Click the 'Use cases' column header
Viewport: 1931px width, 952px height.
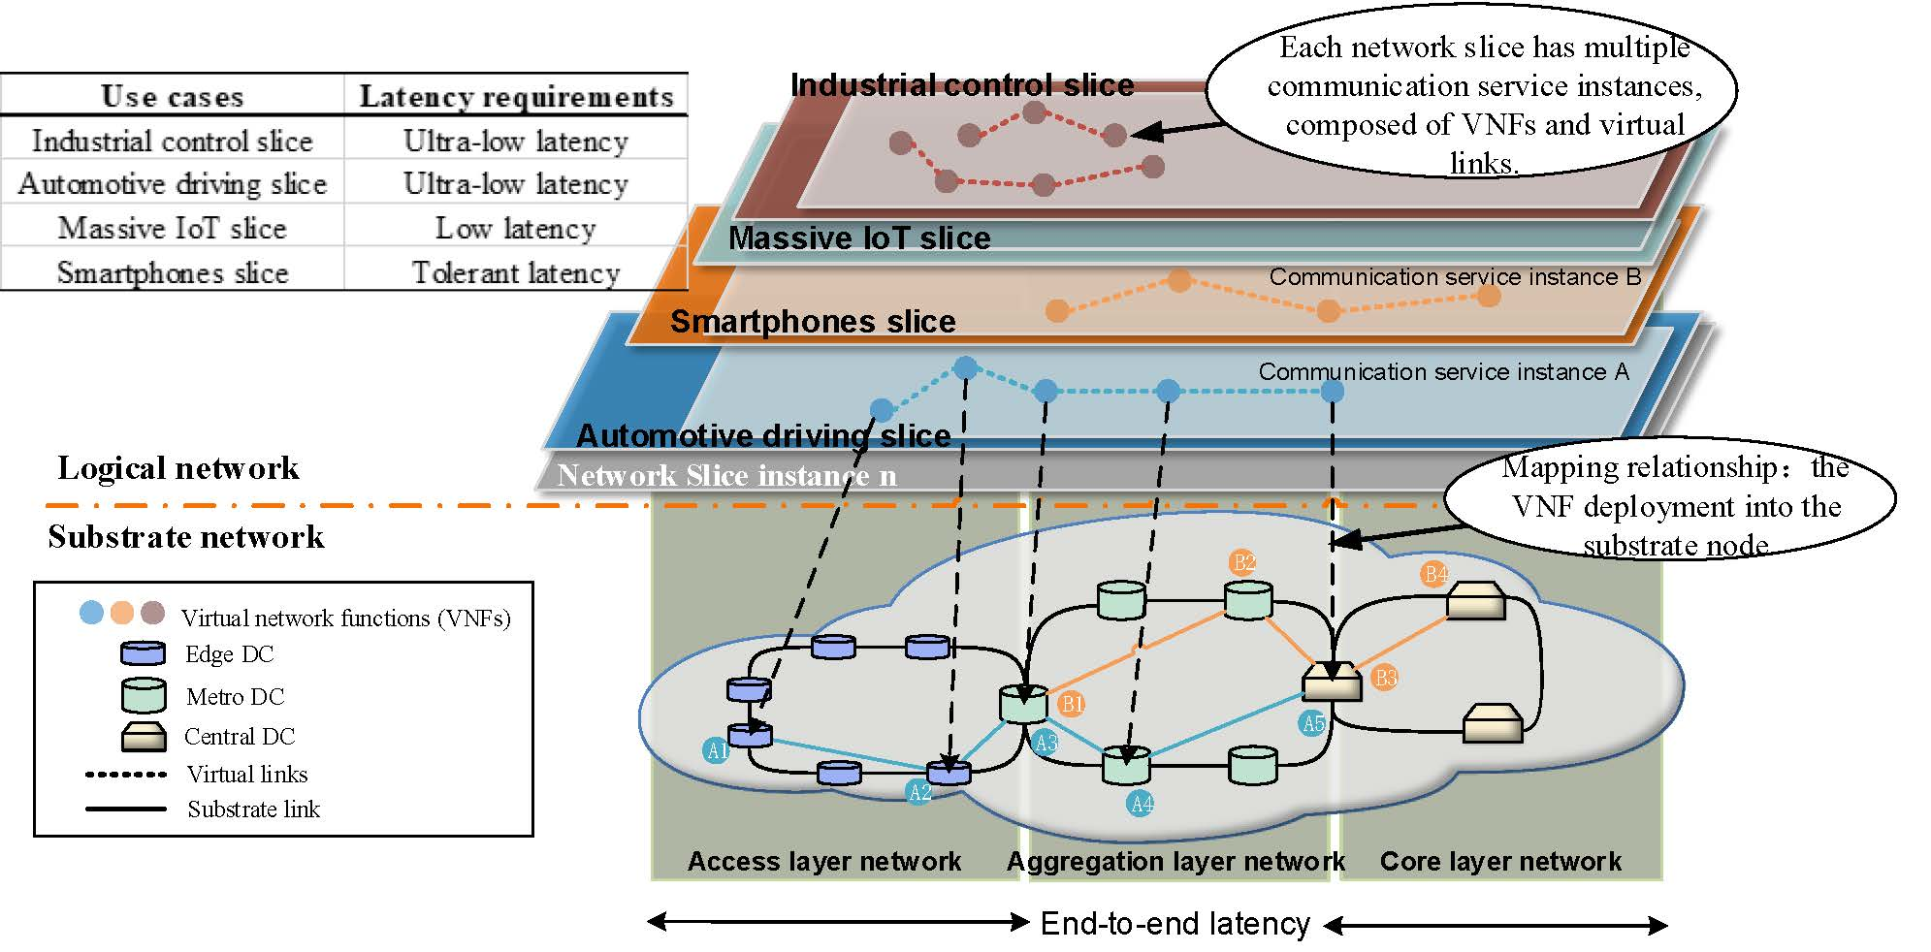click(173, 97)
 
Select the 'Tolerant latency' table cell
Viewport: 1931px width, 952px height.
click(515, 273)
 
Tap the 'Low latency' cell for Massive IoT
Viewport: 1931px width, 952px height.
click(515, 229)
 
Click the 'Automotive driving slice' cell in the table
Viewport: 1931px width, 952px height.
click(173, 184)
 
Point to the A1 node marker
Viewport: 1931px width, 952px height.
click(716, 750)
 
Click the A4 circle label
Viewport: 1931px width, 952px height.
click(1142, 803)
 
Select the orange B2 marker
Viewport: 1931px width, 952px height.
click(1242, 561)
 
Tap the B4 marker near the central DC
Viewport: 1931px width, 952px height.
click(1434, 574)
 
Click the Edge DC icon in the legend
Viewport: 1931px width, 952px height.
click(143, 653)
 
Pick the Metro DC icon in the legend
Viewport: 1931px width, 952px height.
click(144, 695)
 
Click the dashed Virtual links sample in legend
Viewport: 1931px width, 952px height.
click(126, 775)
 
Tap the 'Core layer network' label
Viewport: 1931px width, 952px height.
click(1499, 861)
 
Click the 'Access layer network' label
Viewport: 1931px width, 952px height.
click(823, 861)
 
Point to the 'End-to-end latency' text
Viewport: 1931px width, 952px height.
click(1175, 924)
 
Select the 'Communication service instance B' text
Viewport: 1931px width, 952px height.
click(1454, 277)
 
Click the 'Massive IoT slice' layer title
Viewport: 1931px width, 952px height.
click(859, 238)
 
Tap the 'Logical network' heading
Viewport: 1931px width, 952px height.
click(178, 468)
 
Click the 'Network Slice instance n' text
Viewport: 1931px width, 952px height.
click(726, 476)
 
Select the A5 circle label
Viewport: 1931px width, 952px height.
click(1312, 723)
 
